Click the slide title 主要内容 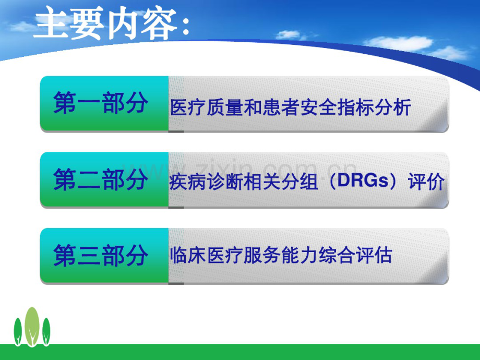coord(104,23)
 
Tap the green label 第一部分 coord(100,104)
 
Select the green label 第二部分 coord(100,180)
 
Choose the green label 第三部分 coord(100,256)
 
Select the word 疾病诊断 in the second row coord(200,182)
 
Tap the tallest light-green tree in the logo coord(32,326)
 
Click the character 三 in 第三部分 coord(89,256)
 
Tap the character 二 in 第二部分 coord(89,180)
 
